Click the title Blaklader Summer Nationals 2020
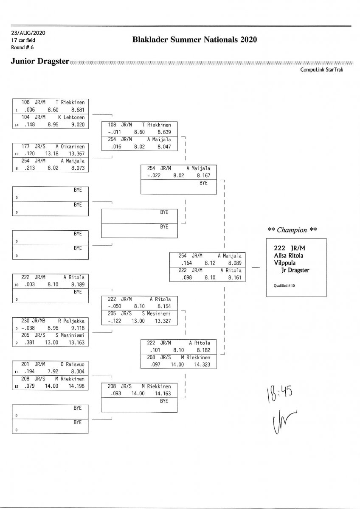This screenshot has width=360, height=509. click(x=195, y=40)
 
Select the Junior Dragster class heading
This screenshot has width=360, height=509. click(x=40, y=62)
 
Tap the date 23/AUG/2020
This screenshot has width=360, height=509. click(x=28, y=33)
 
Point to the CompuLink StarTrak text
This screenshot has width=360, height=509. click(x=321, y=70)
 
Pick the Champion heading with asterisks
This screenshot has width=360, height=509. click(x=292, y=230)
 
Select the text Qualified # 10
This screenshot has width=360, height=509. click(x=281, y=286)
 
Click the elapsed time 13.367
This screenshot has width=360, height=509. click(x=78, y=154)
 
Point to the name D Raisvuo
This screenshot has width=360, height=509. click(x=73, y=364)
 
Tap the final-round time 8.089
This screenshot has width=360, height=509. click(x=234, y=263)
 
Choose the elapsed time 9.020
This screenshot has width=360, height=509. click(x=78, y=125)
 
